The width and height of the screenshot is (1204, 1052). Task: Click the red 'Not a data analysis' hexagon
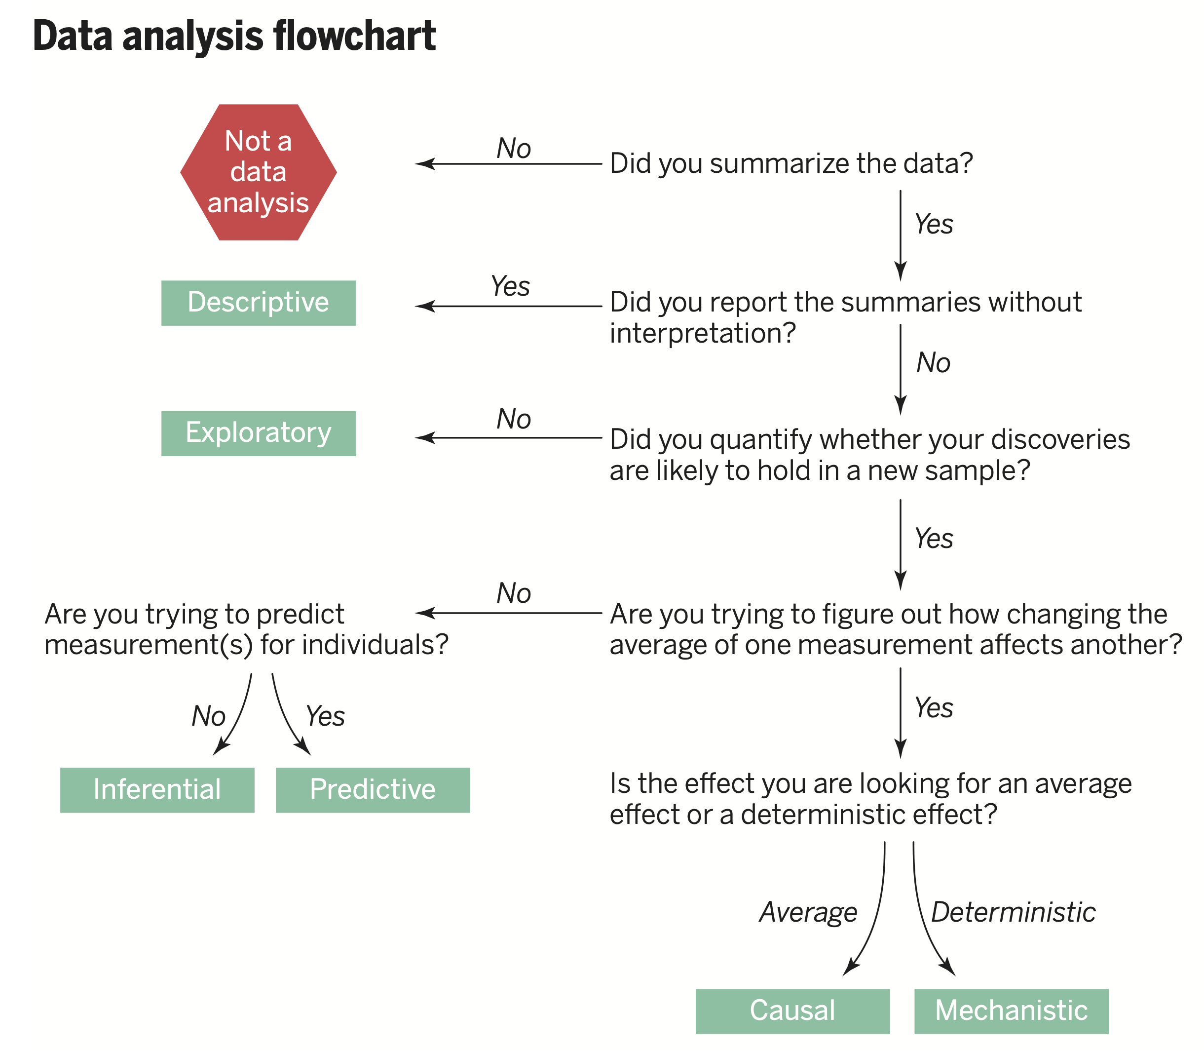coord(258,172)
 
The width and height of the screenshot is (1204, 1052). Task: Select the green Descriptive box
coord(258,303)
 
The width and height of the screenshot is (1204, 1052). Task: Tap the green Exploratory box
coord(258,433)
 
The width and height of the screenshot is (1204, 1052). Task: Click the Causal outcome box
coord(792,1012)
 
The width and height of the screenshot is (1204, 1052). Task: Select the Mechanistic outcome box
coord(1012,1012)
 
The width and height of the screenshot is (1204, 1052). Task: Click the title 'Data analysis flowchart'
coord(234,37)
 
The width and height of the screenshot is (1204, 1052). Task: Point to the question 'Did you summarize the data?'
coord(791,163)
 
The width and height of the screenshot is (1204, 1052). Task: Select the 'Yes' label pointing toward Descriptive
coord(511,286)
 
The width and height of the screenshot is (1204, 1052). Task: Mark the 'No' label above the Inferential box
coord(209,716)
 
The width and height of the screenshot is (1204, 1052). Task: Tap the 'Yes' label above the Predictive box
coord(326,716)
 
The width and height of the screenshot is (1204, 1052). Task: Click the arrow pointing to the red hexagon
coord(509,164)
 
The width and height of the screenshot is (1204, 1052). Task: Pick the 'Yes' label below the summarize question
coord(934,224)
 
